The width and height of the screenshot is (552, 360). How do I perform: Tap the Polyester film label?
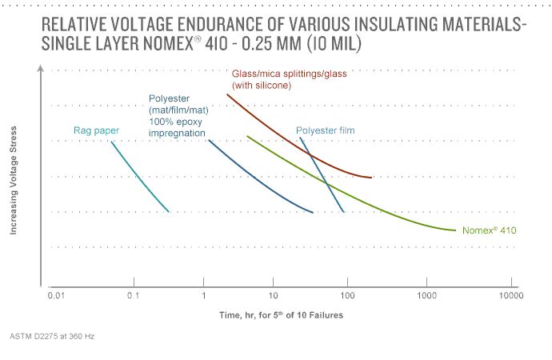[325, 130]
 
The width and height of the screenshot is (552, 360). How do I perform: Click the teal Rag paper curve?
[140, 178]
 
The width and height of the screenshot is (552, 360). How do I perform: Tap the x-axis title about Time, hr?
[282, 315]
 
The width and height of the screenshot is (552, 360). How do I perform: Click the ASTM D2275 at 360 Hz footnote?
[53, 336]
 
